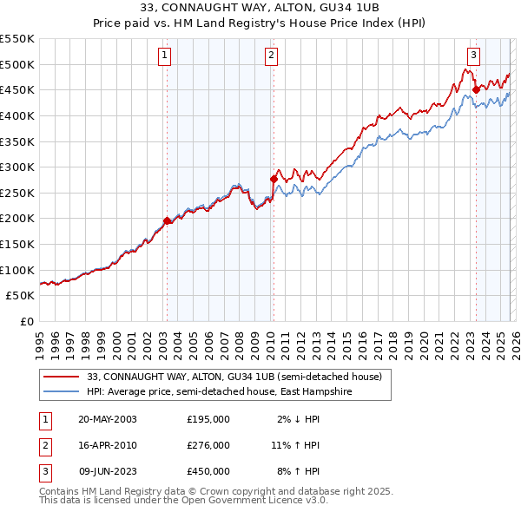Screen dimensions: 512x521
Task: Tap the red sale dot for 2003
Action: tap(167, 220)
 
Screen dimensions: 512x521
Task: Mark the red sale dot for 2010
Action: tap(274, 179)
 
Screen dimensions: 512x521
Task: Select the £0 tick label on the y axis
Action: tap(28, 321)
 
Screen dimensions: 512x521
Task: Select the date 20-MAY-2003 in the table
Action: tap(107, 419)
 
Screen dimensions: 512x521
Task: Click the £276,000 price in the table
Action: tap(208, 445)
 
